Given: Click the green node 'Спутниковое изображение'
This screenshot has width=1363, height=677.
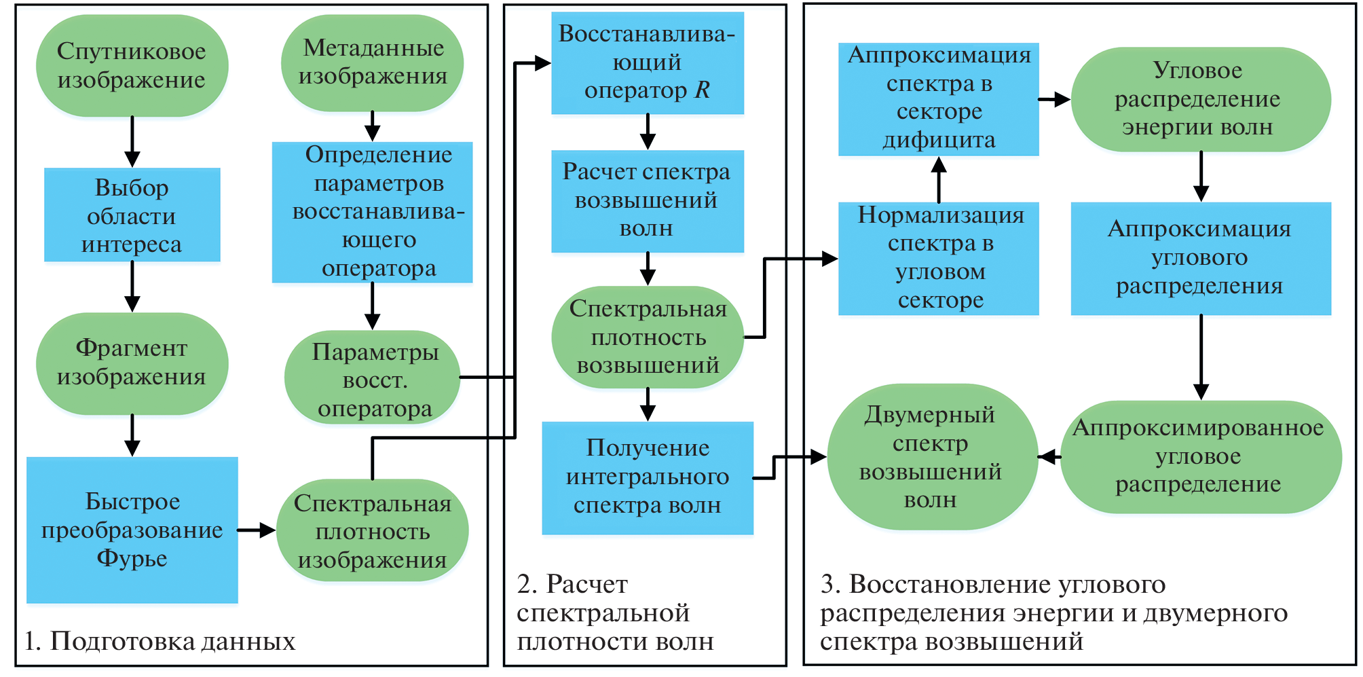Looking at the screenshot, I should (x=132, y=66).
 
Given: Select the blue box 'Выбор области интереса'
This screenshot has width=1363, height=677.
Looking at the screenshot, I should (x=132, y=215).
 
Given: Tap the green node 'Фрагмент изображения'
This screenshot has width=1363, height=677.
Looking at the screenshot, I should (x=132, y=363).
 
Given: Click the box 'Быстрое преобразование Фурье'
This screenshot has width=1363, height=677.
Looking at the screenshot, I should (x=132, y=530).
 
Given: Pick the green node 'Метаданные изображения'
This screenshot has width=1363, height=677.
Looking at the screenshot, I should (x=373, y=62).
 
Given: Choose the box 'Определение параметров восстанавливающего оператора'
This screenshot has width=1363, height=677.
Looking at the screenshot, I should (x=372, y=212).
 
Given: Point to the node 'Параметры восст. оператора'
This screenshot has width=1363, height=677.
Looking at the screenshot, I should (x=372, y=378).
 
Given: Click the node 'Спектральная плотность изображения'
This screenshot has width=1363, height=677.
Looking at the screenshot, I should (x=372, y=530).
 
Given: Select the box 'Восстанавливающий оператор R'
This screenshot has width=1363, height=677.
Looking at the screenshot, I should (x=647, y=62).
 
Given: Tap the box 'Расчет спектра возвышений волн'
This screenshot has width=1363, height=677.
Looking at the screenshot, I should (x=647, y=201).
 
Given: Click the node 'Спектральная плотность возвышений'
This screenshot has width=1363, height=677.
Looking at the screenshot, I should (x=648, y=337).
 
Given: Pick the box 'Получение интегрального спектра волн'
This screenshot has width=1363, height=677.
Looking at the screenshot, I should (x=647, y=477).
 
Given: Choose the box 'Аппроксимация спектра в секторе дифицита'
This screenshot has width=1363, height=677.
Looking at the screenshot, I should (x=938, y=99).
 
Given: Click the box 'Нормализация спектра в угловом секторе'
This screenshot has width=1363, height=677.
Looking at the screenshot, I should (x=938, y=258).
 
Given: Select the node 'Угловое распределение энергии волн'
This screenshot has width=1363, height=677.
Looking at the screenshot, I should (x=1199, y=99).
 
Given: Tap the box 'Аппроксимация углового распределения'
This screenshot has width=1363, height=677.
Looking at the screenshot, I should (x=1200, y=258).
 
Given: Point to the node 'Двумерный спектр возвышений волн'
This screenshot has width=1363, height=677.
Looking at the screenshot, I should (x=931, y=457).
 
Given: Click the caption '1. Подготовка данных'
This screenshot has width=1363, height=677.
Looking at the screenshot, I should (x=160, y=641).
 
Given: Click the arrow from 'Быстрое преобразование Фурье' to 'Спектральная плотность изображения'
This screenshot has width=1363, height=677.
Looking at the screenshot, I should (x=257, y=530).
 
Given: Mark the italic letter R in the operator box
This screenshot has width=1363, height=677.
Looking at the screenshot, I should (x=702, y=90).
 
